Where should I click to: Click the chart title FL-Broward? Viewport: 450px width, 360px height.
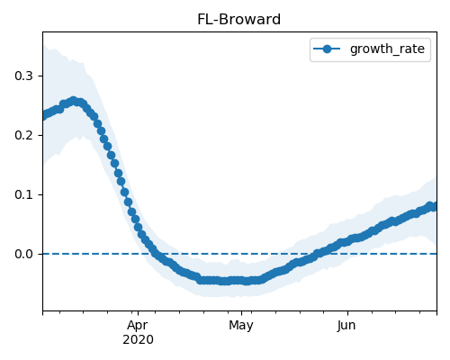[238, 20]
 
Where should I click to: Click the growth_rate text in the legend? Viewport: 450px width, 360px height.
[387, 49]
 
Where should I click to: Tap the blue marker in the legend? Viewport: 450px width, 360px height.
[327, 49]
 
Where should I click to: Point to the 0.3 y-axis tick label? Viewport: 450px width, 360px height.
[23, 76]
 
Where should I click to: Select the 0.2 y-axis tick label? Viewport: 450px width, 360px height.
[23, 135]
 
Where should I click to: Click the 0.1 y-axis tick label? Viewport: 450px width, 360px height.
[23, 194]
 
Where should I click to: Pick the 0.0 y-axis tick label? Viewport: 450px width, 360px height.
[23, 254]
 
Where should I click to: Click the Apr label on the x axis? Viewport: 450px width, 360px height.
[138, 326]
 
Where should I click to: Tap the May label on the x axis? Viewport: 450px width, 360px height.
[241, 326]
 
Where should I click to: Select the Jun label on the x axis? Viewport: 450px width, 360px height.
[346, 326]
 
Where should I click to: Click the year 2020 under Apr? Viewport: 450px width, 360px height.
[138, 340]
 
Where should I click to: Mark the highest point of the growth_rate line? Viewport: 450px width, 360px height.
[74, 101]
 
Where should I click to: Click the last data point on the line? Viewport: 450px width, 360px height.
[433, 207]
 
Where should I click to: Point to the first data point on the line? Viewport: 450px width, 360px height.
[44, 116]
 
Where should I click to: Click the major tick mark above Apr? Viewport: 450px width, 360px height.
[138, 313]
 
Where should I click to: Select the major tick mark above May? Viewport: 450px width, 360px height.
[241, 313]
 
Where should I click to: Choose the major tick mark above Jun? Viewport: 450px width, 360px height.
[347, 313]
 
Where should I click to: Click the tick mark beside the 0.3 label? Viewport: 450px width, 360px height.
[40, 76]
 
